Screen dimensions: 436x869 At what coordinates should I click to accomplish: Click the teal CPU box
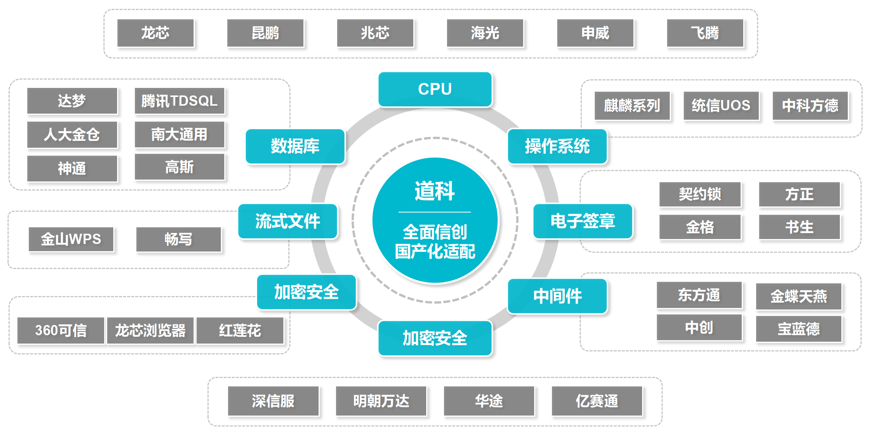click(435, 89)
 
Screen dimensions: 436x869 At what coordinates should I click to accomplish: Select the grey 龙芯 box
click(155, 33)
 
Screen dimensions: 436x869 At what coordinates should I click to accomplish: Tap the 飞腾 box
click(705, 33)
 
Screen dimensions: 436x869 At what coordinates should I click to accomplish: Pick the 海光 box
click(485, 33)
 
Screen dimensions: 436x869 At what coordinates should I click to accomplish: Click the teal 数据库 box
click(295, 146)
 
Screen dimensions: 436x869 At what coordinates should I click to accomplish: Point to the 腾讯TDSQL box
click(180, 101)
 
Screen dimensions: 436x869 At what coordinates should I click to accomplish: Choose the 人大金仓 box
click(72, 134)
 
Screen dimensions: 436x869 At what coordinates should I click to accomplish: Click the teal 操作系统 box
click(557, 146)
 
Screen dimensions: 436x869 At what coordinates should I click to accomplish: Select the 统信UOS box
click(721, 105)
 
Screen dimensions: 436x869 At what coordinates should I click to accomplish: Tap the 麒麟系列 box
click(632, 105)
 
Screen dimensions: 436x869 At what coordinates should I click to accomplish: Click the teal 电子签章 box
click(583, 221)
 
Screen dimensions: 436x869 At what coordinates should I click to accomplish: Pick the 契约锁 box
click(700, 194)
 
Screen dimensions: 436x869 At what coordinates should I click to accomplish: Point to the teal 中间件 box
click(557, 296)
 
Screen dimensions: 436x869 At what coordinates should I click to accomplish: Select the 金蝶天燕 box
click(799, 296)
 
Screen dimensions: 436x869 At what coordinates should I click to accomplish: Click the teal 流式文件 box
click(288, 221)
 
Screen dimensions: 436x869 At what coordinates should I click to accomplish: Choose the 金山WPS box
click(71, 239)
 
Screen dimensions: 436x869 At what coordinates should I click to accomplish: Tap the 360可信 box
click(61, 330)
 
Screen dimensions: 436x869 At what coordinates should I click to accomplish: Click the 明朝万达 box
click(381, 401)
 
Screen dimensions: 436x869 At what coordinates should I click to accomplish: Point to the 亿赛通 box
click(597, 401)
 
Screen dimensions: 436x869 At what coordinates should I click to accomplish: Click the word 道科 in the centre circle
click(434, 191)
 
